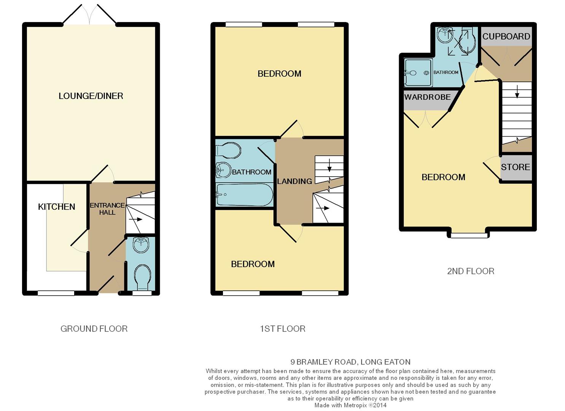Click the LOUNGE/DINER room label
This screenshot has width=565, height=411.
91,96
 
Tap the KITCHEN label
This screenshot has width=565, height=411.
56,207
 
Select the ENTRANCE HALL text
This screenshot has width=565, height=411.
107,209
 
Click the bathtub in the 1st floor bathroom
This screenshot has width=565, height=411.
244,194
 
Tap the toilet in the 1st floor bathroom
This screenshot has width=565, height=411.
228,151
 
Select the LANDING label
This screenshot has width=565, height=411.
294,181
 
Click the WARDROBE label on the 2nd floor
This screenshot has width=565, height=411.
427,97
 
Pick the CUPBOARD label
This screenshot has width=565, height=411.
506,37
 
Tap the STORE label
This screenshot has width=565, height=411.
516,167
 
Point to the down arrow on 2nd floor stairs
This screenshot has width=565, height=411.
517,92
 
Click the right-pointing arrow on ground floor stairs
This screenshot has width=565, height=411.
135,220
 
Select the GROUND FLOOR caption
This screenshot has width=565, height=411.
94,329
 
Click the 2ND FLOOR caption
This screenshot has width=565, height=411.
471,271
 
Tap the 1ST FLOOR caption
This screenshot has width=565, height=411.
283,329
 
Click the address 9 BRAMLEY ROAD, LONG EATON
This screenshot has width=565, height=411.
350,362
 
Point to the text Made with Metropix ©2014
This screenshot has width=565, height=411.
350,405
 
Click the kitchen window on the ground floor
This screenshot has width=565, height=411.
56,293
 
